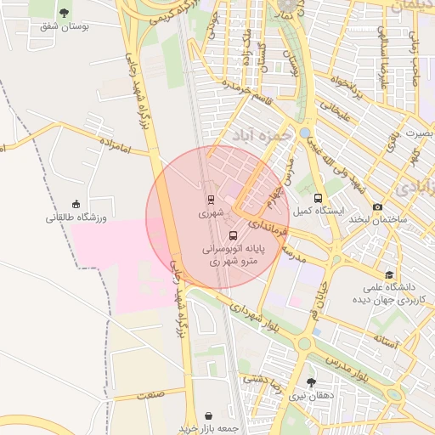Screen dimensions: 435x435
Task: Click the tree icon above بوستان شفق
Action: [65, 12]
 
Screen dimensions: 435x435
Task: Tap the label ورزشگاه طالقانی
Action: [76, 217]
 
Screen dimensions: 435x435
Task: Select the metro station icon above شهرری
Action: [210, 200]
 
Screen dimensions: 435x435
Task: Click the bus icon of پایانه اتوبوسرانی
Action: [233, 235]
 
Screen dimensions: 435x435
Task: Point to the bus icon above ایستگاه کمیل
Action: [319, 198]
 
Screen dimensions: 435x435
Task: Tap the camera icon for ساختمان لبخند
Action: [377, 207]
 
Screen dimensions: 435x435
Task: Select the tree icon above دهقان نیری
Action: [310, 383]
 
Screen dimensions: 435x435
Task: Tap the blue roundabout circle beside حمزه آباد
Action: [304, 133]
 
